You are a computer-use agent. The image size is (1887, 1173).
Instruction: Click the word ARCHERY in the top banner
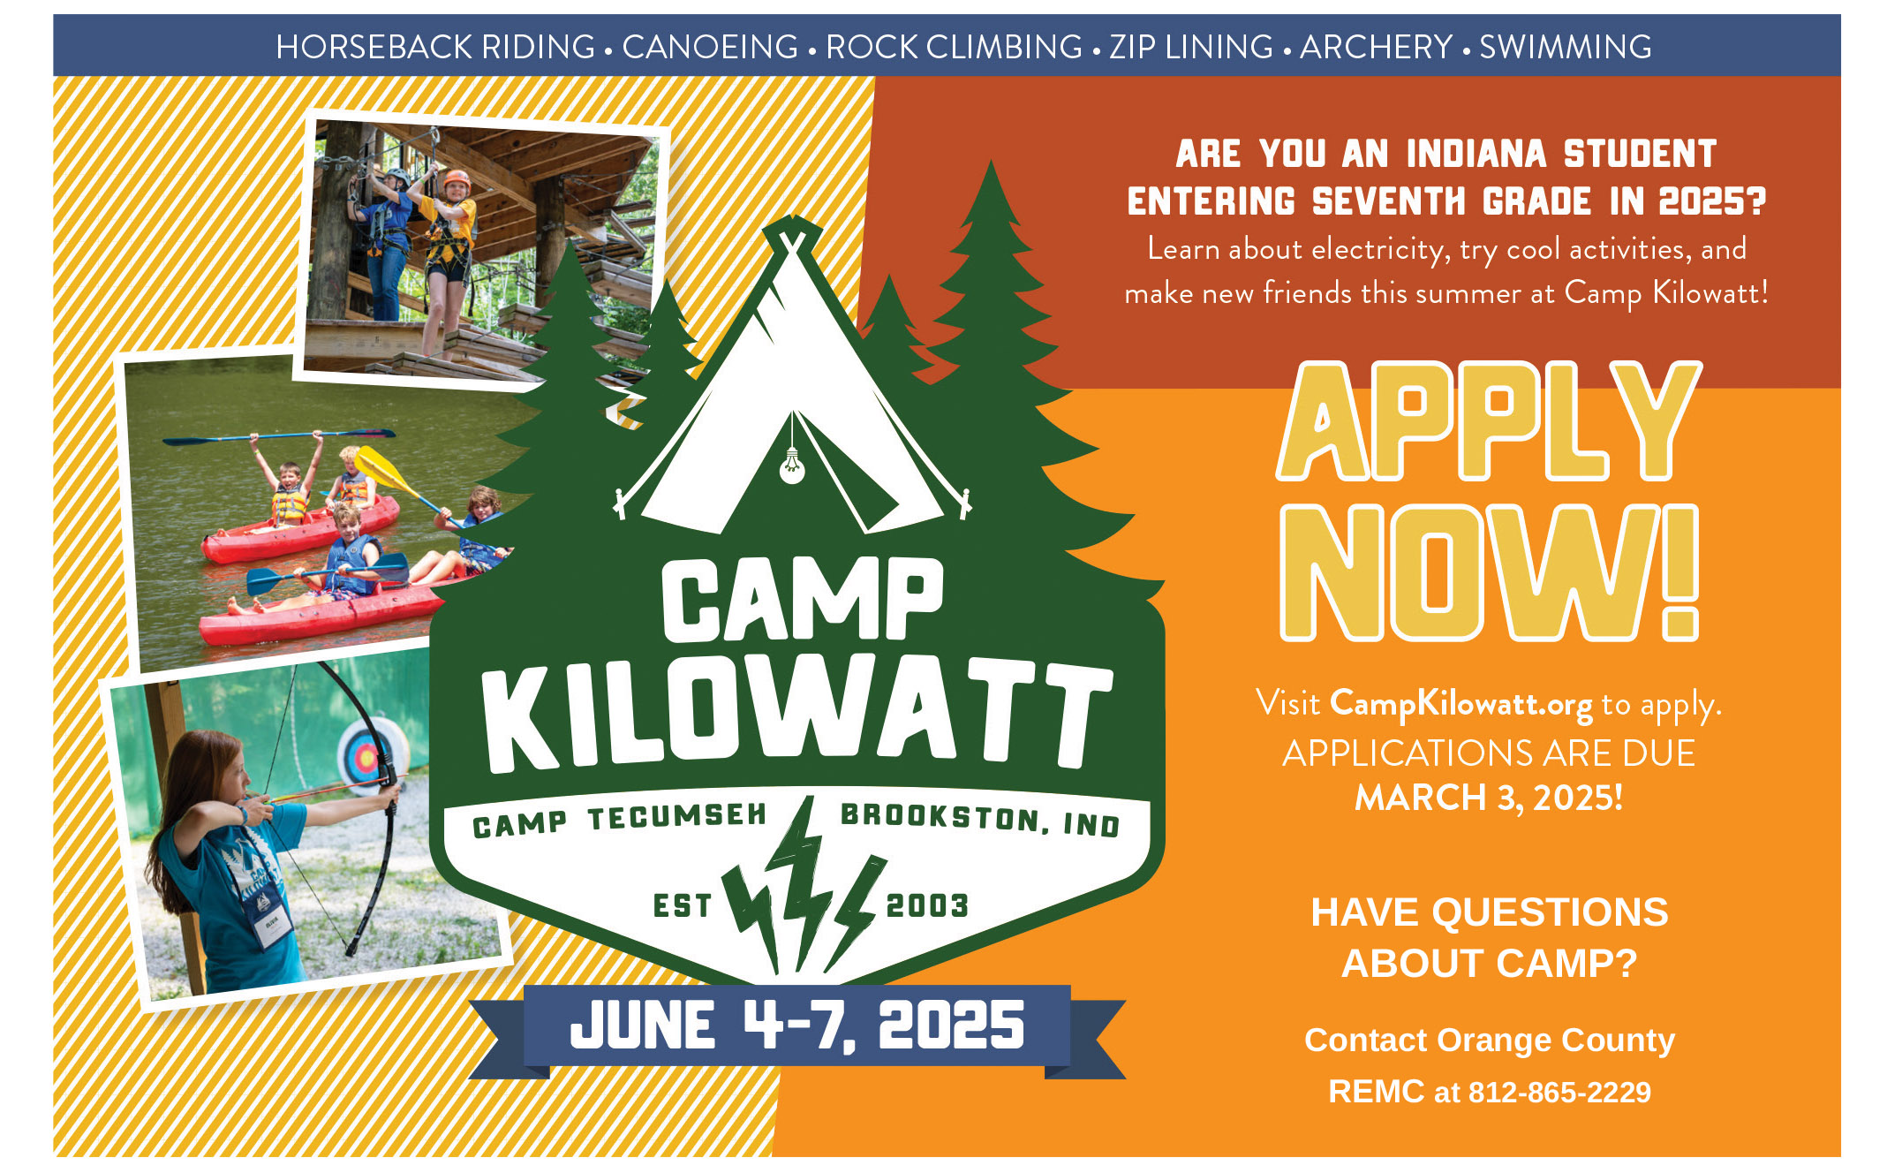pyautogui.click(x=1376, y=47)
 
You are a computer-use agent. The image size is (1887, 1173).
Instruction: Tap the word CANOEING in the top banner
pyautogui.click(x=710, y=47)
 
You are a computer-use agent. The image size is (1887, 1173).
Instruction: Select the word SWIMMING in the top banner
pyautogui.click(x=1566, y=47)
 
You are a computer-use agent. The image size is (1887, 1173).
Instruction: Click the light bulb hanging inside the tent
pyautogui.click(x=792, y=465)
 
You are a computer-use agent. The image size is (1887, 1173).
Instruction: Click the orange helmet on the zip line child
pyautogui.click(x=457, y=179)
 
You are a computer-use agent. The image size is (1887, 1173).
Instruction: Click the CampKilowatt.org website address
pyautogui.click(x=1461, y=704)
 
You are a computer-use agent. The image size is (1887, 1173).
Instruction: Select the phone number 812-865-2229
pyautogui.click(x=1559, y=1093)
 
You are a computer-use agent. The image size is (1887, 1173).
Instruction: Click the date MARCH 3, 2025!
pyautogui.click(x=1489, y=798)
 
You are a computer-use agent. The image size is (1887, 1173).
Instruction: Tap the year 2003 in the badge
pyautogui.click(x=927, y=905)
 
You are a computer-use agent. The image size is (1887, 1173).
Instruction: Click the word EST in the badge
pyautogui.click(x=682, y=905)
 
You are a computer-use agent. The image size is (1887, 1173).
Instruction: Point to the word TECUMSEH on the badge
pyautogui.click(x=677, y=817)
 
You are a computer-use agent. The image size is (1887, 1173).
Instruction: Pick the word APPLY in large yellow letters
pyautogui.click(x=1489, y=422)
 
